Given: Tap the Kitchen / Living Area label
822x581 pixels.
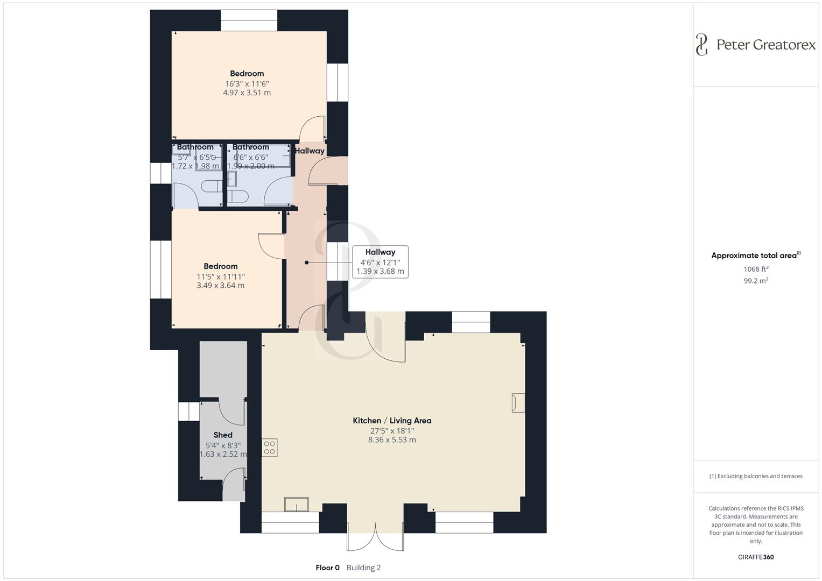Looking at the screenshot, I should pos(392,421).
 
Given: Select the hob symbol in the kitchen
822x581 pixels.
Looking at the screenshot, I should pos(270,448).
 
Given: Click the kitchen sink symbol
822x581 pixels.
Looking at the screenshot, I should pos(297,505).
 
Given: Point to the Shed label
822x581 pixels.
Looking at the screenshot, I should pos(223,435).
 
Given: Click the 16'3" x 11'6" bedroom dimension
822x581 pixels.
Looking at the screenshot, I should pos(247,83).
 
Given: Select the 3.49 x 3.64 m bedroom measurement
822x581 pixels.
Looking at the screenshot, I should pos(220,286).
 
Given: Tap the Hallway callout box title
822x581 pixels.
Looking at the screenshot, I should pos(380,252).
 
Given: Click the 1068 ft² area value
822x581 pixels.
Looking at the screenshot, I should pos(756,269).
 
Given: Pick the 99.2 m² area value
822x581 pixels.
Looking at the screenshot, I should pos(756,281).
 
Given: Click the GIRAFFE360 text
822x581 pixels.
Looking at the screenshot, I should pos(756,557).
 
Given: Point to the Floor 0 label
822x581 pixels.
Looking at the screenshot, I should pos(327,568).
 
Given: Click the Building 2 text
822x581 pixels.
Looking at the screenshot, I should pos(363,568).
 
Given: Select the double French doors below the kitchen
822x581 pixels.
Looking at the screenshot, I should pos(375,536).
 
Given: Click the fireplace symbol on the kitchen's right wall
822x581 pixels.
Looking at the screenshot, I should pos(518,403).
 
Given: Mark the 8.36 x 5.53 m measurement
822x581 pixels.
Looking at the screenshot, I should pos(392,440).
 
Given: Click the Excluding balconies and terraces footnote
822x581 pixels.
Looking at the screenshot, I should pos(756,476).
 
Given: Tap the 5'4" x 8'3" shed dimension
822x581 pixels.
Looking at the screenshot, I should pos(223,445).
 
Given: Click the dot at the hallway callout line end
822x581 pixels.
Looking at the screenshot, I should pos(307,263).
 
